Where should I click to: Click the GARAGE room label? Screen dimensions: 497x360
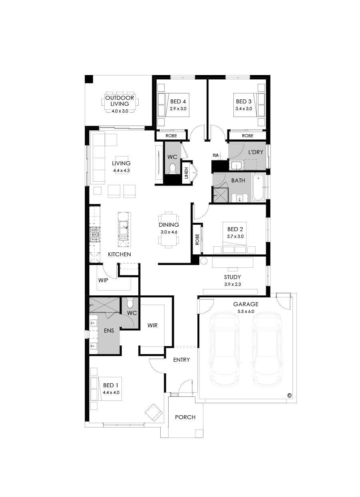[x=246, y=304]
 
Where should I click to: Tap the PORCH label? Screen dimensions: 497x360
[x=185, y=417]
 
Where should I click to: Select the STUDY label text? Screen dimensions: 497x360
[x=232, y=277]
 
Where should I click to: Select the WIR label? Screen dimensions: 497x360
[x=152, y=325]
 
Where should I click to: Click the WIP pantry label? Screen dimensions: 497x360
[x=103, y=280]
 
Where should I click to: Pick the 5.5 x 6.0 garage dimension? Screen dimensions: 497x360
[x=246, y=311]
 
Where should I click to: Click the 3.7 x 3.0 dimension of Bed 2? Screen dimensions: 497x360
[x=235, y=236]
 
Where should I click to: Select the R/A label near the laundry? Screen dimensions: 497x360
[x=216, y=155]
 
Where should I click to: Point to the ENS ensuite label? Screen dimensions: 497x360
[x=109, y=331]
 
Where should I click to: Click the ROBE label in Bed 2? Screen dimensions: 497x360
[x=197, y=239]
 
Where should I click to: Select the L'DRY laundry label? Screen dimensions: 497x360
[x=256, y=152]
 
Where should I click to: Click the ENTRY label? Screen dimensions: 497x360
[x=181, y=360]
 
